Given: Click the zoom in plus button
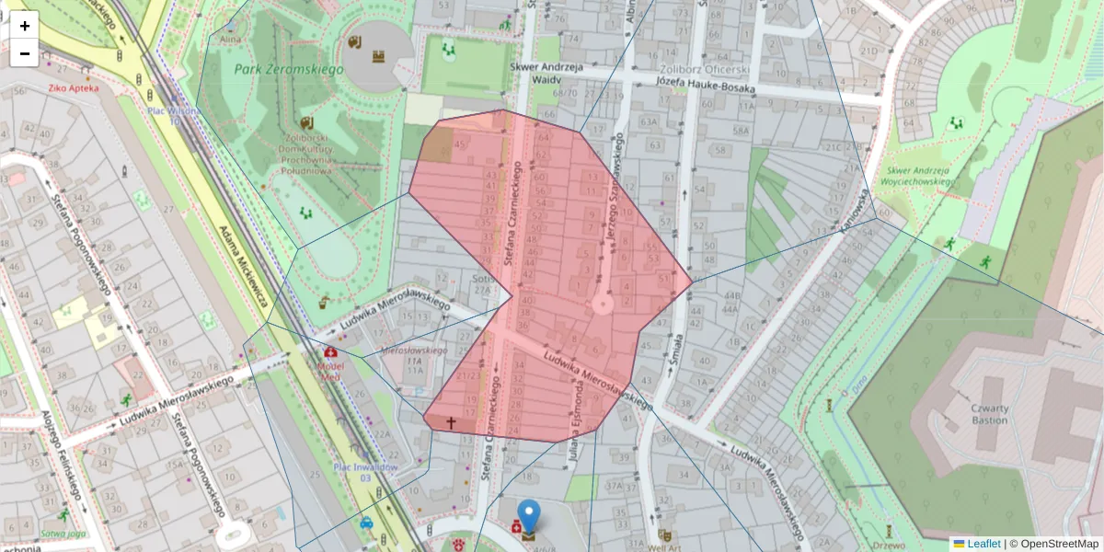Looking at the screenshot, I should pos(25,25).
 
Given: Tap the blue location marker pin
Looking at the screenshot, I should pos(529,515).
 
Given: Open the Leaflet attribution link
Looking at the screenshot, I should pos(983,544).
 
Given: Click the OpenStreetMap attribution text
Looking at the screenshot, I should pos(1058,544).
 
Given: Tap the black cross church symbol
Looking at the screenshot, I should pos(451,423).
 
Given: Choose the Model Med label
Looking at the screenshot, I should pos(329,363).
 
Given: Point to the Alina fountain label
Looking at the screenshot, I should pos(230,40).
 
